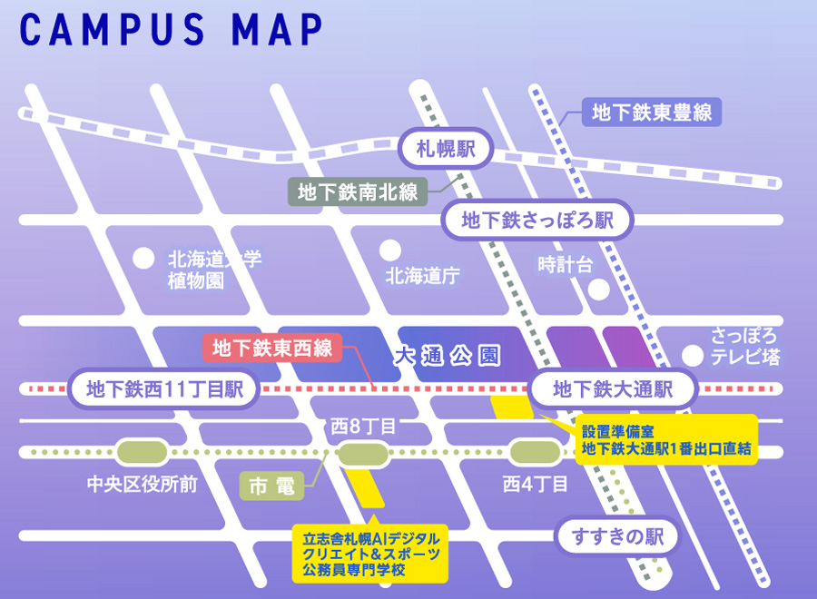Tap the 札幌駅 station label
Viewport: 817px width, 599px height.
click(446, 148)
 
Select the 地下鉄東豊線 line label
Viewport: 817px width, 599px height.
click(651, 113)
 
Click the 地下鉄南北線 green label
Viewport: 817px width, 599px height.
click(357, 191)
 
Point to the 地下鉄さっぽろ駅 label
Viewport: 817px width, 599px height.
click(536, 221)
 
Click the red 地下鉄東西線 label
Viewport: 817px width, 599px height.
click(272, 347)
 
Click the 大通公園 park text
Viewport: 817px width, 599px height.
click(447, 357)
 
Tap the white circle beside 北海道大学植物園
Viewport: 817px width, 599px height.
click(143, 259)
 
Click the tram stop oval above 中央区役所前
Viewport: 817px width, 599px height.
click(142, 451)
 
